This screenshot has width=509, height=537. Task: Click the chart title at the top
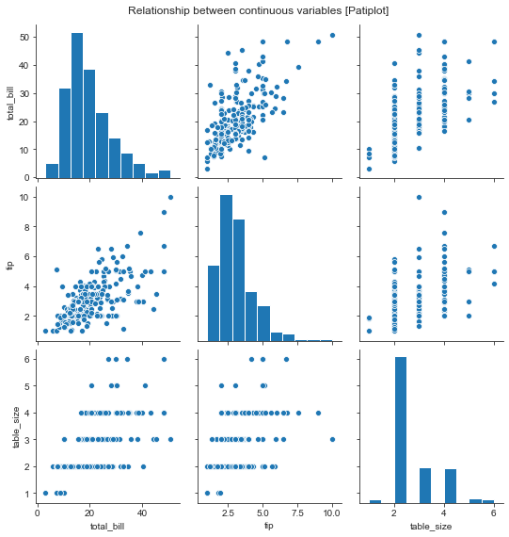click(x=254, y=9)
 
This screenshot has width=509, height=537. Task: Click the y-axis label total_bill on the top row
click(x=9, y=103)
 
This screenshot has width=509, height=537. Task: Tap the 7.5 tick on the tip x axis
click(x=297, y=513)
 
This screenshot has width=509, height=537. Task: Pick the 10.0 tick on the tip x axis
click(x=332, y=513)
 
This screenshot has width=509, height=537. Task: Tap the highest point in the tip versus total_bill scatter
click(x=170, y=197)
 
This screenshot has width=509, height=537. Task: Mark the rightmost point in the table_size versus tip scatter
click(x=332, y=439)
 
